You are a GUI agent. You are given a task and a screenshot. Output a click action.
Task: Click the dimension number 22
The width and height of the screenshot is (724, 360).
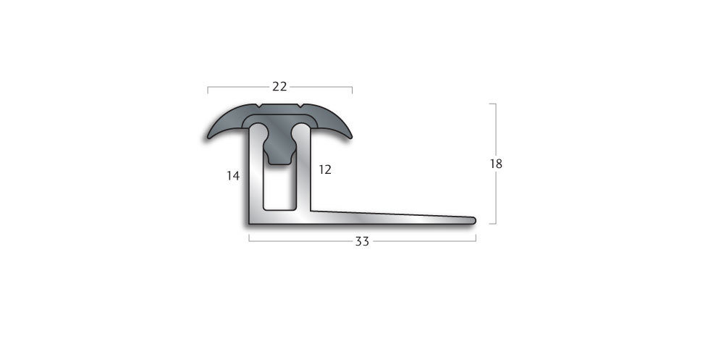[x=279, y=87]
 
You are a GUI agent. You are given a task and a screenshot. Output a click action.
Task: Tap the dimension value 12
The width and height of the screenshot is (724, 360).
[x=325, y=169]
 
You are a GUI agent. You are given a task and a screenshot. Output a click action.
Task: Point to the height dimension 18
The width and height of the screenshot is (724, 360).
[x=496, y=164]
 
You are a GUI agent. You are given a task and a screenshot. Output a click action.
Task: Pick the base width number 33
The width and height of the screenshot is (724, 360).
[x=362, y=241]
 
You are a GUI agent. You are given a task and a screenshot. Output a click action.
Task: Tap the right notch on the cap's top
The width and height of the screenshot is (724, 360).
[x=300, y=106]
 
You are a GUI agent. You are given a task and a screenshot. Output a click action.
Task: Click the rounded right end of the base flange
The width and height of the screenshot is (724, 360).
[x=473, y=219]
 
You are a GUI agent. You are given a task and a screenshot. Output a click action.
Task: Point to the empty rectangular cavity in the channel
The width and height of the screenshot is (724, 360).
[x=279, y=188]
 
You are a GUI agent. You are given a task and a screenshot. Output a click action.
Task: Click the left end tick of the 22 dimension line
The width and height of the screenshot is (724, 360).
[x=208, y=91]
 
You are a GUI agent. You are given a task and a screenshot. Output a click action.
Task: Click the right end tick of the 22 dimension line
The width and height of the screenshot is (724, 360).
[x=352, y=91]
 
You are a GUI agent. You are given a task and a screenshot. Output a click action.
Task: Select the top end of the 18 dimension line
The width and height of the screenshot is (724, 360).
[x=494, y=104]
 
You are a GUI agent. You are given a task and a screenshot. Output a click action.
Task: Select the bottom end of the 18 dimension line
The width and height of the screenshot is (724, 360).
[x=494, y=223]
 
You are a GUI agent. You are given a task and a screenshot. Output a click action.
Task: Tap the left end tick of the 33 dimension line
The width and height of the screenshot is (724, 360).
[x=249, y=238]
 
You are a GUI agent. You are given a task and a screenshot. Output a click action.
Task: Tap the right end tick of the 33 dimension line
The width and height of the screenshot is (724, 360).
[x=475, y=238]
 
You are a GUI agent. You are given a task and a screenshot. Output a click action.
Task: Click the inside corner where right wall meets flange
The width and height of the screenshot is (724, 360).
[x=313, y=211]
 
